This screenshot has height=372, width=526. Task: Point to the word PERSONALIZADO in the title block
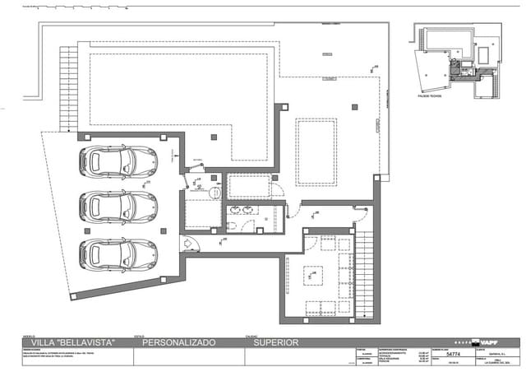pos(179,342)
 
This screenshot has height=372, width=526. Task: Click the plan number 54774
pos(453,354)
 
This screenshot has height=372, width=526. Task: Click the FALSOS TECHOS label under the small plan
pos(429,95)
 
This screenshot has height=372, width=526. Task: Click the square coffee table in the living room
pos(314,275)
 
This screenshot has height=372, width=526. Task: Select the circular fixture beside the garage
pos(215,192)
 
